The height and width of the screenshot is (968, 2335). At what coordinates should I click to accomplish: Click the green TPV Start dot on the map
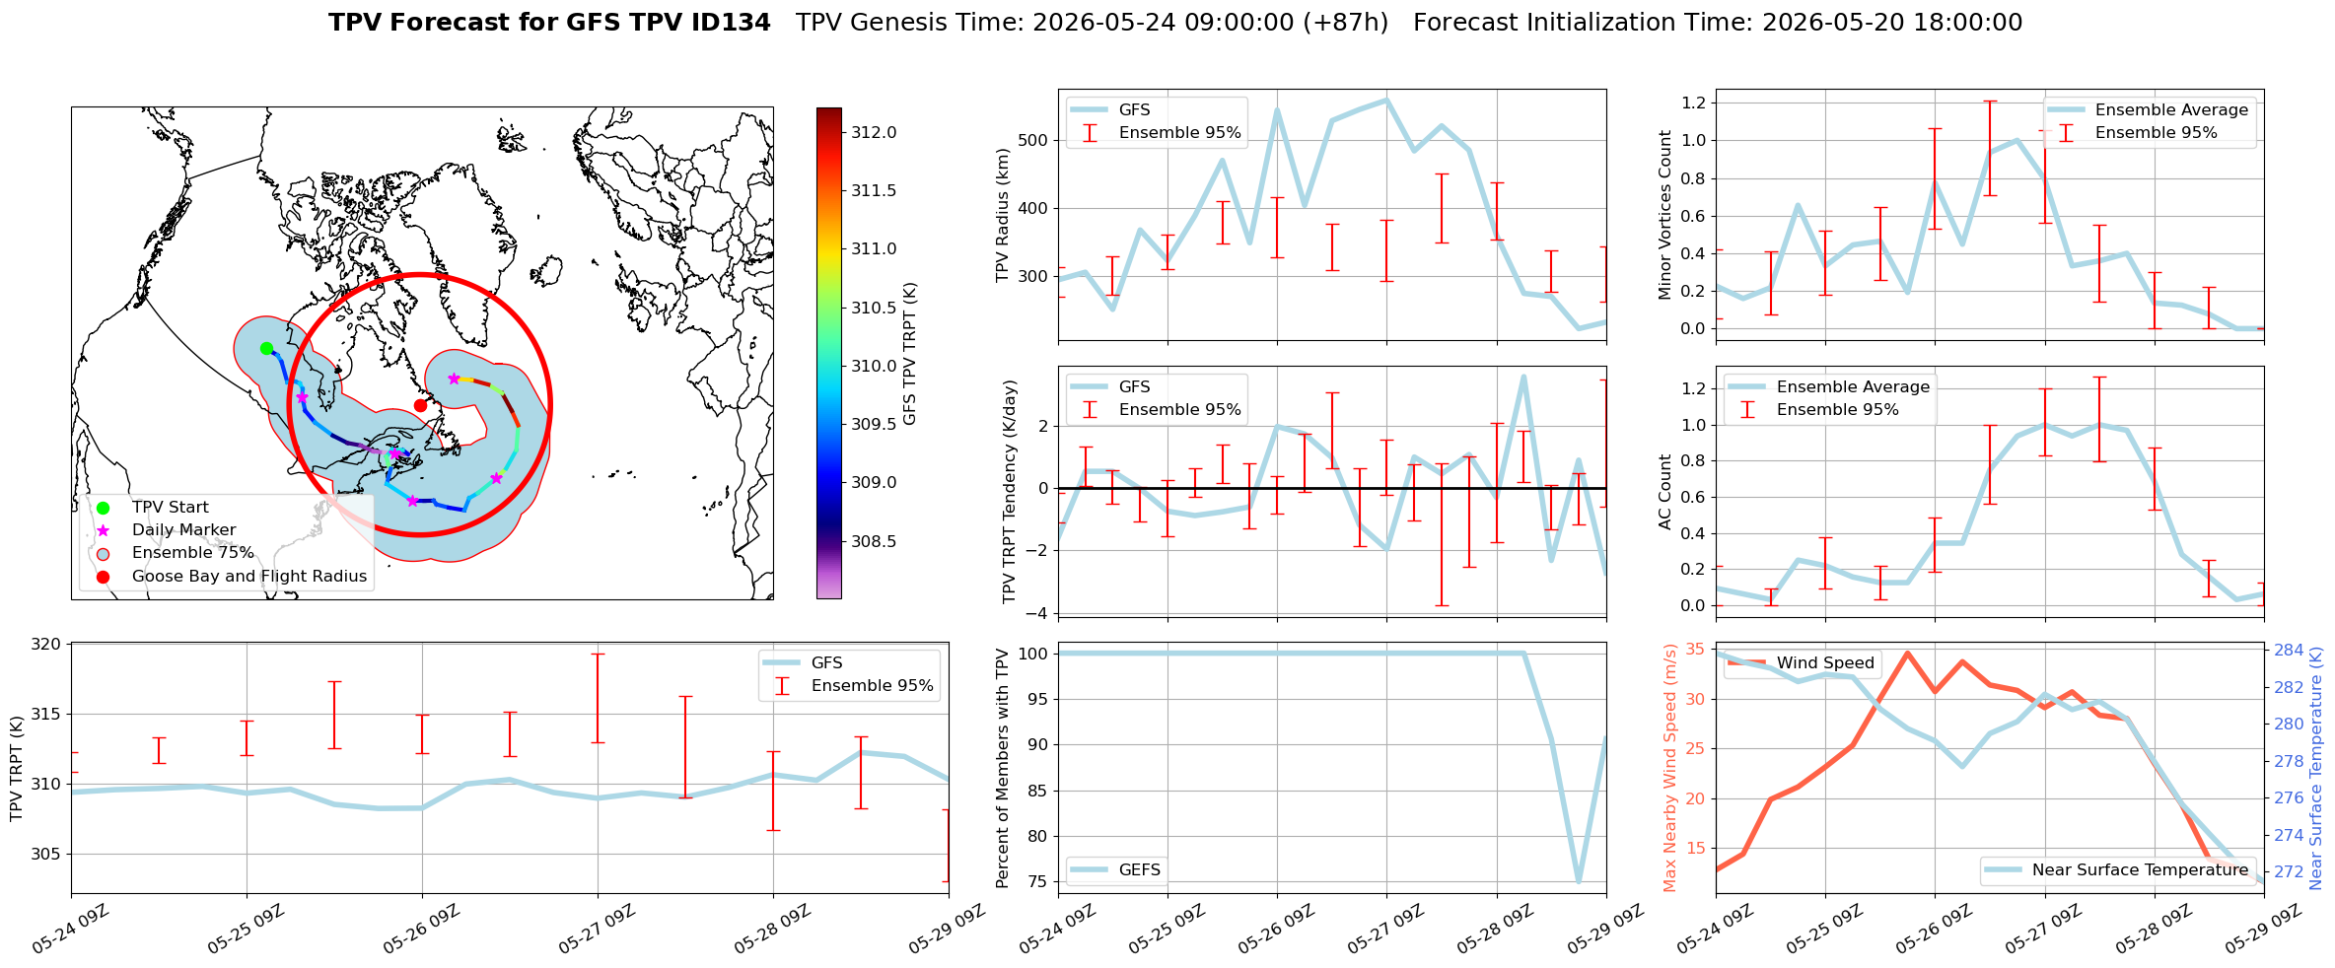(x=266, y=348)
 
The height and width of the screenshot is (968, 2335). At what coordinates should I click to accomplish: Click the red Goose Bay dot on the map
(x=420, y=405)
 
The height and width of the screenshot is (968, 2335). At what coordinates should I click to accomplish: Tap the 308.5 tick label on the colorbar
(x=875, y=541)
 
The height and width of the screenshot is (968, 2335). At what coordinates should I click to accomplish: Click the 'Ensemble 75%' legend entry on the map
(x=193, y=553)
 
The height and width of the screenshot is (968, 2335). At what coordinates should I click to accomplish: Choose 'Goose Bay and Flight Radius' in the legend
(x=249, y=576)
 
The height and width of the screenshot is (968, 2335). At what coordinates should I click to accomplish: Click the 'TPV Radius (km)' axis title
(x=1004, y=215)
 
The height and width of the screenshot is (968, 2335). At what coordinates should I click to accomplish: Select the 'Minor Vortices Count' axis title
(x=1665, y=215)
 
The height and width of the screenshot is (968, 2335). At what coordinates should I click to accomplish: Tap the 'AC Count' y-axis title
(x=1665, y=492)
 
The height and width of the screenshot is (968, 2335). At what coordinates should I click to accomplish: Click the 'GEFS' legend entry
(x=1140, y=869)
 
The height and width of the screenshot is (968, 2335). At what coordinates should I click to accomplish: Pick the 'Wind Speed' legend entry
(x=1825, y=662)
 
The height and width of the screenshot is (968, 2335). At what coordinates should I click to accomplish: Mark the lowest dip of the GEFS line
(x=1579, y=881)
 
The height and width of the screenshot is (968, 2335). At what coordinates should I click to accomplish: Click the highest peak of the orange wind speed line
(x=1907, y=653)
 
